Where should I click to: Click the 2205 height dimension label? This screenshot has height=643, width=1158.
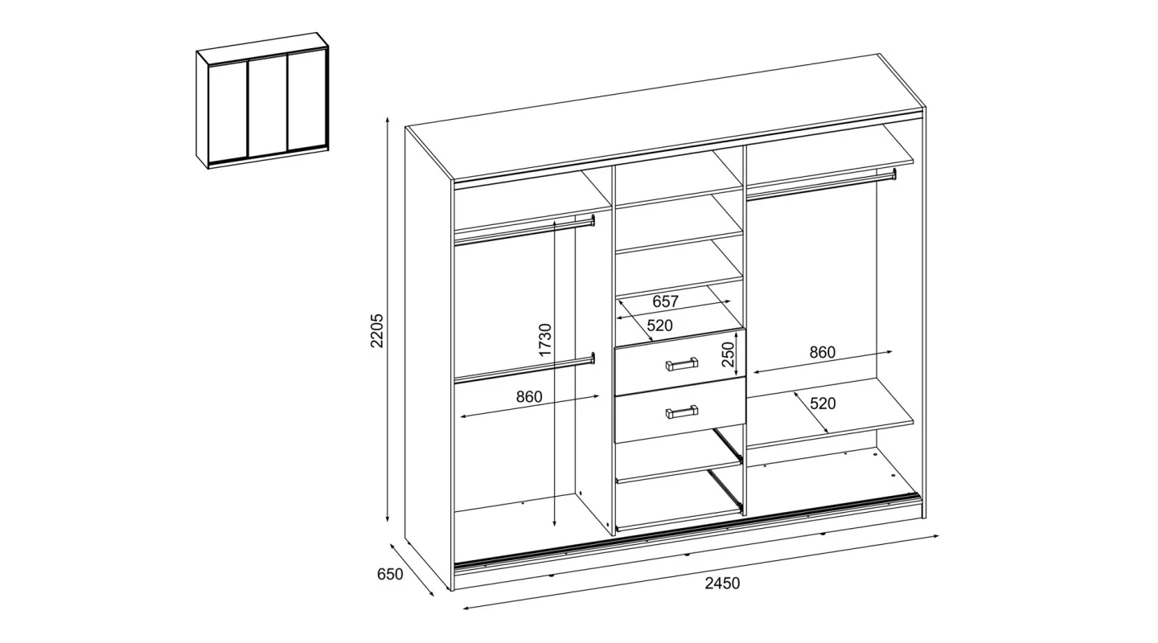tap(377, 330)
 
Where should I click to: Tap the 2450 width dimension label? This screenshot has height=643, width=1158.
tap(722, 583)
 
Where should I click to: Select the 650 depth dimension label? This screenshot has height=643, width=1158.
tap(390, 574)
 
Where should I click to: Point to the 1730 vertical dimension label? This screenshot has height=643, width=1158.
tap(545, 340)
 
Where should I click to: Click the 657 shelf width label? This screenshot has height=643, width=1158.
tap(665, 301)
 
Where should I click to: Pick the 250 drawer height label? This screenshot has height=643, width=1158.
tap(728, 354)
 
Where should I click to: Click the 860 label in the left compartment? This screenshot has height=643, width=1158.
tap(529, 396)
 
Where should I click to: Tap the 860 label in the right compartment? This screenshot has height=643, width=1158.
tap(823, 352)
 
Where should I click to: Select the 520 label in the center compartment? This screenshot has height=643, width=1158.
tap(659, 326)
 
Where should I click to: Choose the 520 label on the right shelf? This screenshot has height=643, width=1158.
tap(823, 403)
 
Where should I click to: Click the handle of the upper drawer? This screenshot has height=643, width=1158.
tap(681, 363)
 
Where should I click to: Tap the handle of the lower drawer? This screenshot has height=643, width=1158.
tap(681, 412)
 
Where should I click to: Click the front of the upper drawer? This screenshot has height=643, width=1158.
tap(680, 362)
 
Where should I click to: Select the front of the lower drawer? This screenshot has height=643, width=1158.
tap(680, 410)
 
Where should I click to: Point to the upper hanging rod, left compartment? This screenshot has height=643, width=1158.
tap(524, 230)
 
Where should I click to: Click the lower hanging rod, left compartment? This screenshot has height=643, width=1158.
tap(524, 368)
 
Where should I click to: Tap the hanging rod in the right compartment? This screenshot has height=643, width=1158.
tap(821, 185)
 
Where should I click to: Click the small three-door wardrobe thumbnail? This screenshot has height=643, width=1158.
tap(262, 100)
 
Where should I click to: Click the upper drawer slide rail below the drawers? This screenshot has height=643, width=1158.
tap(727, 444)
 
